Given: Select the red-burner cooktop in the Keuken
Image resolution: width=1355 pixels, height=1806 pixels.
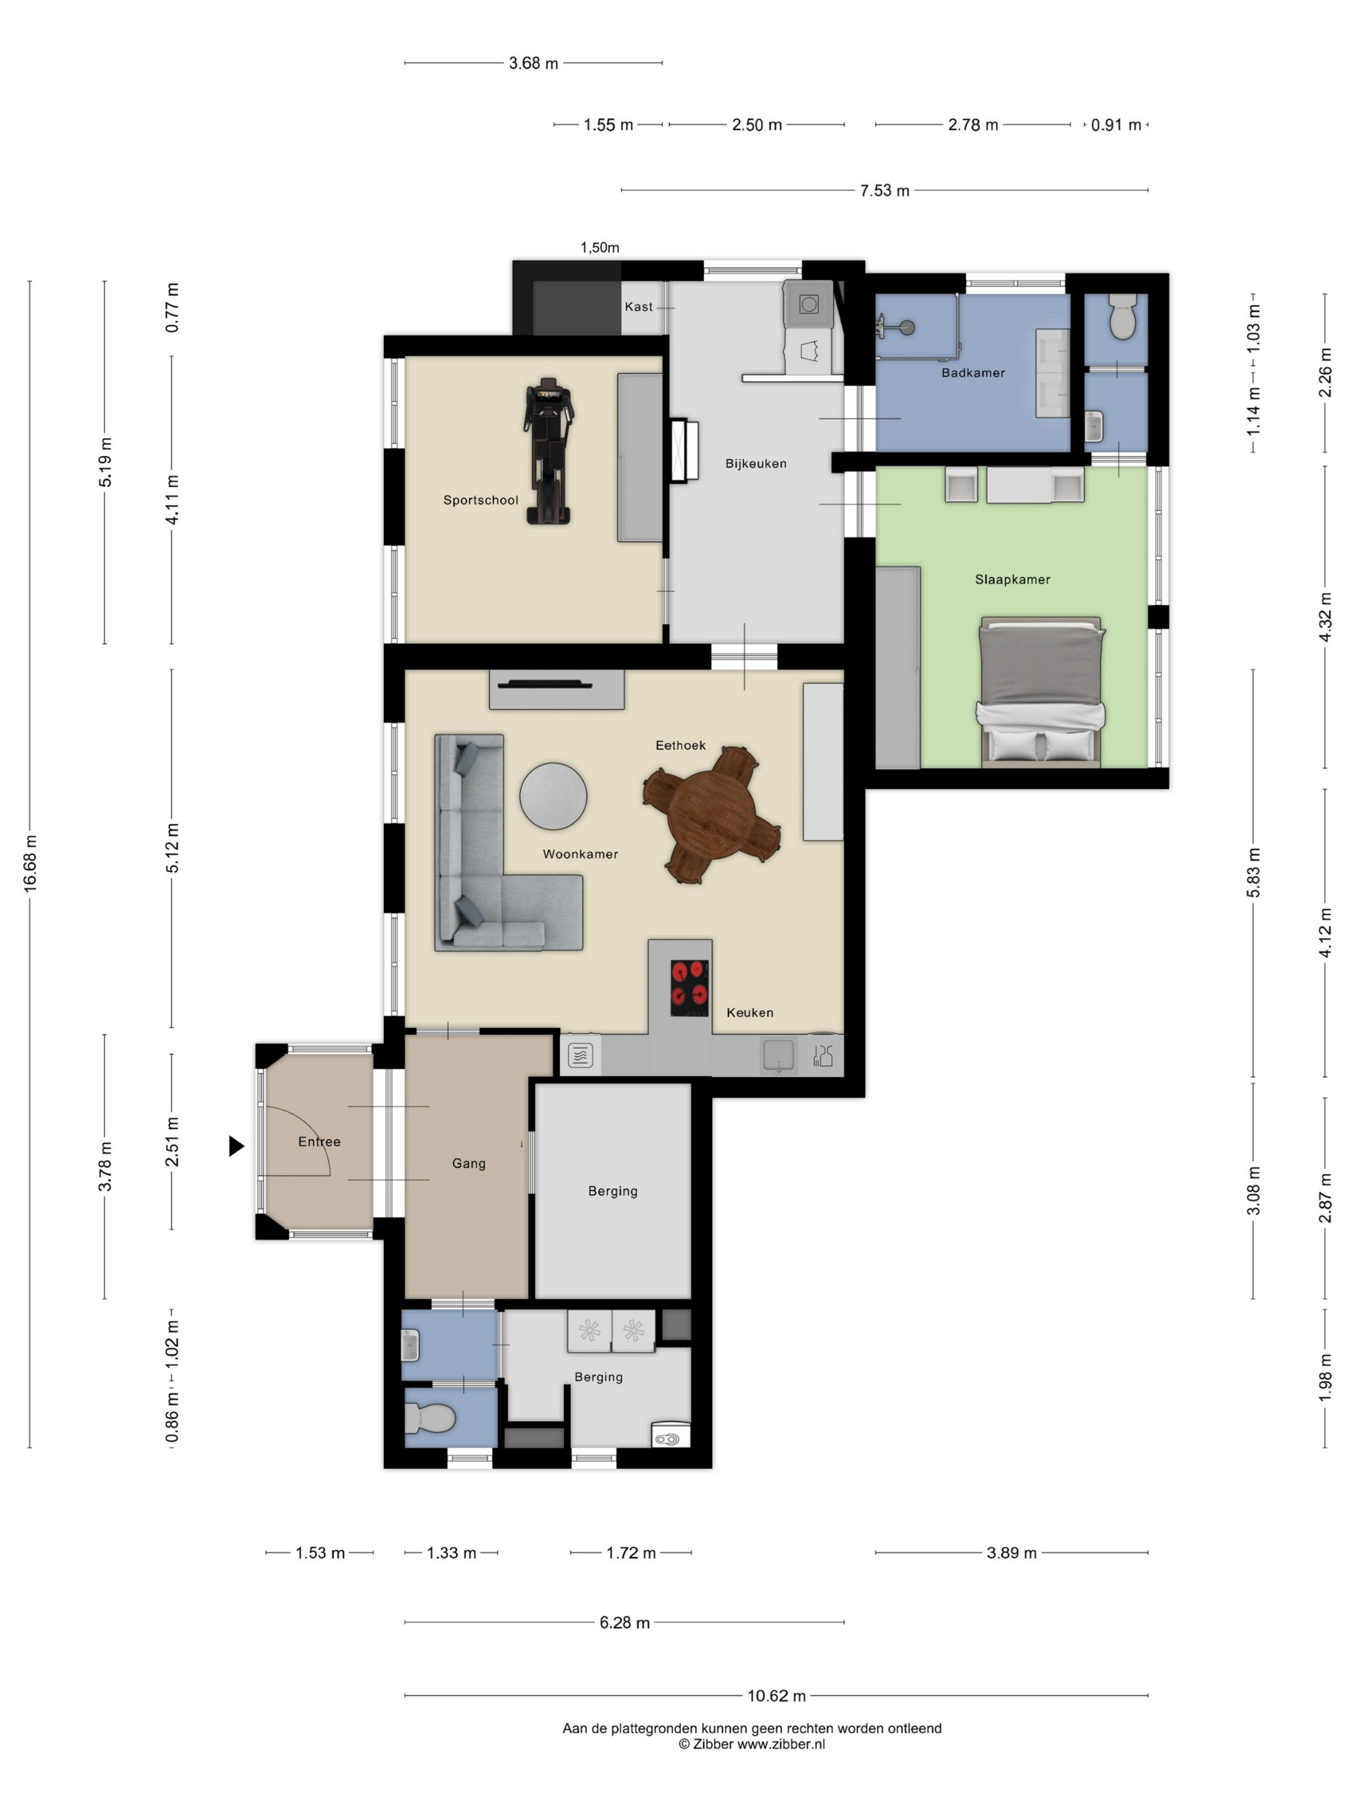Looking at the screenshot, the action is pos(689,987).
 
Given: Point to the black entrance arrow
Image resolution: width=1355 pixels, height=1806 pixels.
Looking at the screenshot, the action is pos(236,1146).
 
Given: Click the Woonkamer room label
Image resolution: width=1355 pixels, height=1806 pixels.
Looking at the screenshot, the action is pos(580,854).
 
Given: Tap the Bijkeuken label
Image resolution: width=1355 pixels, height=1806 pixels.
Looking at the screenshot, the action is pos(756,464).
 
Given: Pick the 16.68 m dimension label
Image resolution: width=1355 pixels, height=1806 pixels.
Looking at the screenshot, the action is pos(30,863).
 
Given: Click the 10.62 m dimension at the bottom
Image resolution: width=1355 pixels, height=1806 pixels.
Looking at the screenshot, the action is pos(776,1696).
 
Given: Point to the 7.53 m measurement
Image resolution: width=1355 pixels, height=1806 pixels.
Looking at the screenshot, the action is pos(884,190).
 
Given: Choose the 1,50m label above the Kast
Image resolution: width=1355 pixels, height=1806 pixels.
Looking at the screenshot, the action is pos(599,248).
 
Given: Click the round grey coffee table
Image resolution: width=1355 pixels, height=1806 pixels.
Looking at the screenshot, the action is pos(553,796).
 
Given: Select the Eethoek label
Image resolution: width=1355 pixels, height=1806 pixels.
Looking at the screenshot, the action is pos(680,746).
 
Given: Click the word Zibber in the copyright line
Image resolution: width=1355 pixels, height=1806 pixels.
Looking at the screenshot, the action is pos(713,1744).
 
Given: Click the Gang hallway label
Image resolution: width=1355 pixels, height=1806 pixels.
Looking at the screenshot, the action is pos(469,1164).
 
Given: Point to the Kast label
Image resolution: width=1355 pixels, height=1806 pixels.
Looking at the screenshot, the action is pos(639,307).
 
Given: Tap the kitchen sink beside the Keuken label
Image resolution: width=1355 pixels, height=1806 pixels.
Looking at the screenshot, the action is pos(778,1055).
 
